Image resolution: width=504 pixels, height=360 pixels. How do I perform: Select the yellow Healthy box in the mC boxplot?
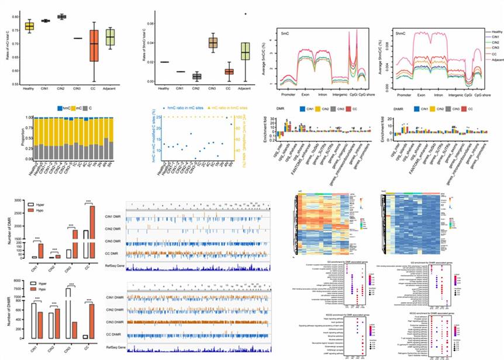coord(29,26)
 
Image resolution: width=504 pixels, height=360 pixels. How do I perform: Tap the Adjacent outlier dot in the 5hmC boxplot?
coord(246,14)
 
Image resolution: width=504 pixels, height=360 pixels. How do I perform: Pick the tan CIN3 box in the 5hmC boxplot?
coord(213,43)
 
